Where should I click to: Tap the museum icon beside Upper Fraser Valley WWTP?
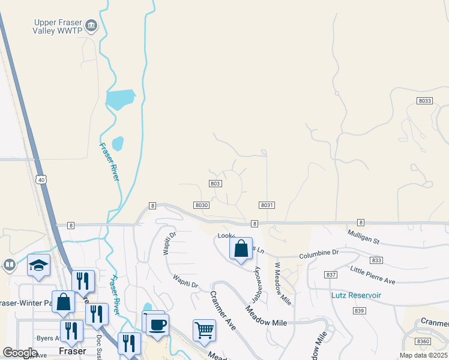(x=91, y=25)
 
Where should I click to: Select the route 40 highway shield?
(x=40, y=179)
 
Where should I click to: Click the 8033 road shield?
(x=424, y=101)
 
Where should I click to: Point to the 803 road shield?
(x=216, y=183)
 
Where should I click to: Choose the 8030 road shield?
(x=201, y=205)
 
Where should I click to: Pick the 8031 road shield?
(x=267, y=205)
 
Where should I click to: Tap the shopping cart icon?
(x=204, y=329)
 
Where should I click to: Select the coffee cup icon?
(x=157, y=325)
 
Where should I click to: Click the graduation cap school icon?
(x=39, y=265)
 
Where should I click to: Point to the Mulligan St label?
(x=364, y=236)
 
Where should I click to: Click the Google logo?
(x=20, y=353)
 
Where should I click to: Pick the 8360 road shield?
(x=423, y=341)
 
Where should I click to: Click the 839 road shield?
(x=359, y=310)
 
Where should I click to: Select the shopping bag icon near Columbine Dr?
(x=241, y=248)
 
